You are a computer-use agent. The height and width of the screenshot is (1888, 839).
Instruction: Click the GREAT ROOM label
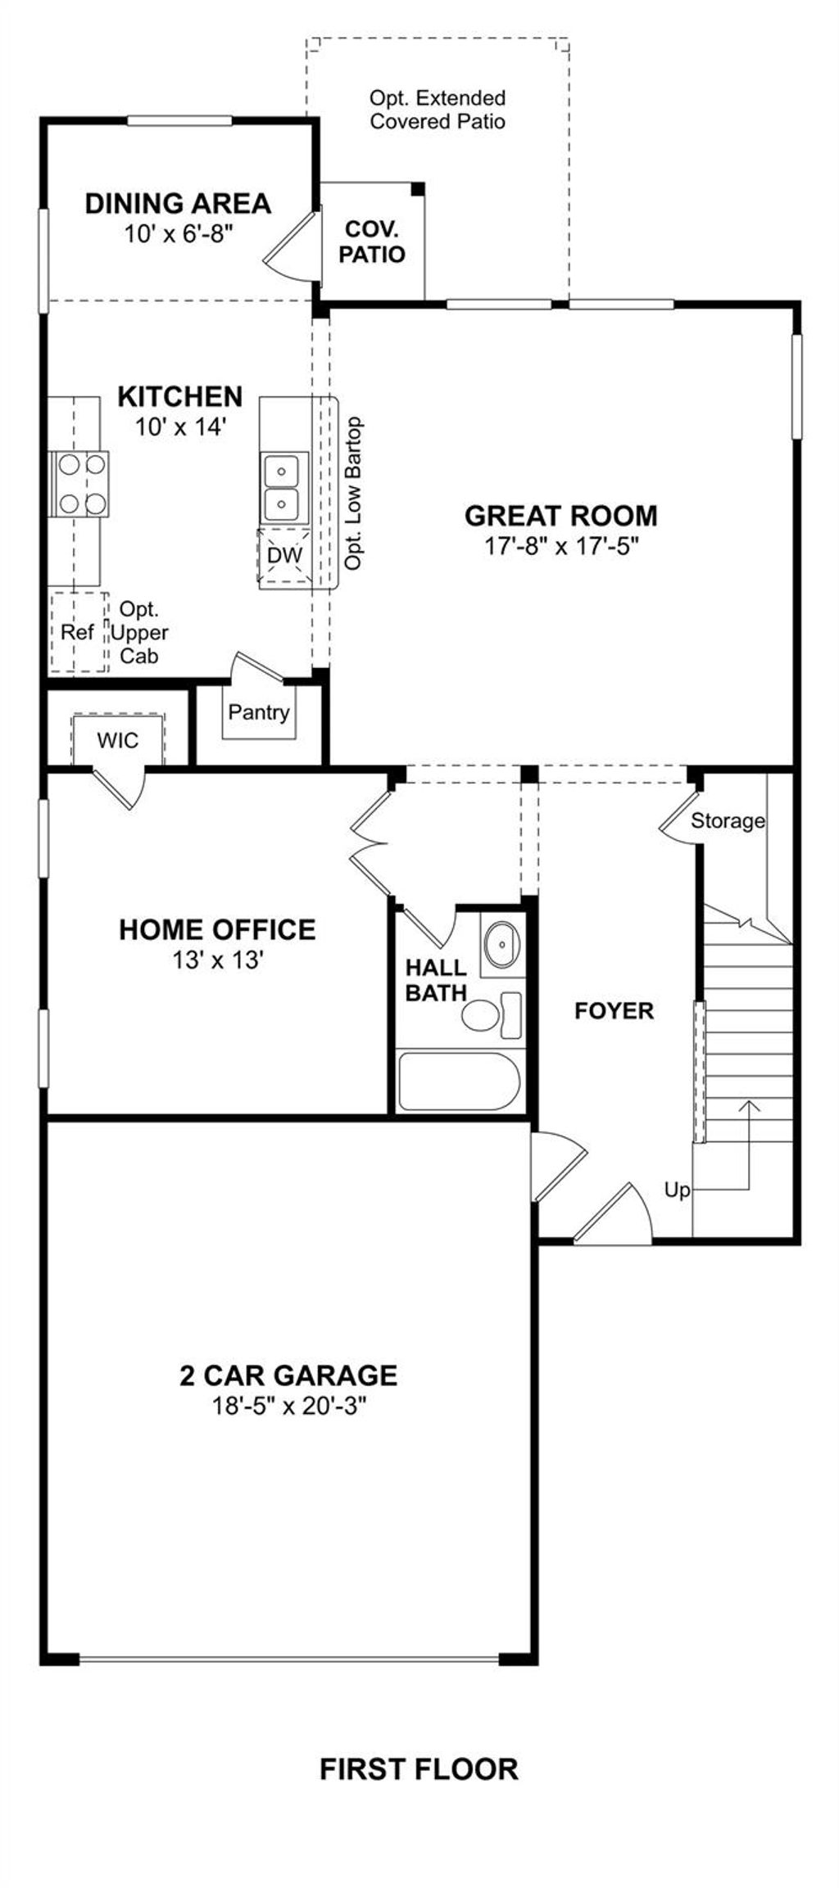coord(560,516)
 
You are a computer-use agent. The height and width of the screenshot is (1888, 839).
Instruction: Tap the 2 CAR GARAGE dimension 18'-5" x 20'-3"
coord(288,1406)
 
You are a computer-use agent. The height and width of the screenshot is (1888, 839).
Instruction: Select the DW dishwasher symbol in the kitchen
coord(284,556)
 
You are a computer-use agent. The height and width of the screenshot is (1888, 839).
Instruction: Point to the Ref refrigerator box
coord(78,632)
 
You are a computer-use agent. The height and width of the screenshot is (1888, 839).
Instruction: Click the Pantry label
coord(259,712)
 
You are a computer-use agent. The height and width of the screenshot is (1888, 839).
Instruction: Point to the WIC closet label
coord(118,741)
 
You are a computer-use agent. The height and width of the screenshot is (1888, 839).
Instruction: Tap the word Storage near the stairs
coord(728,820)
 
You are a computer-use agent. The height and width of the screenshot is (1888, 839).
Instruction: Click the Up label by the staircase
coord(677,1190)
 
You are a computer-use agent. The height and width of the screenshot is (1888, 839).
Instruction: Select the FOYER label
coord(614,1010)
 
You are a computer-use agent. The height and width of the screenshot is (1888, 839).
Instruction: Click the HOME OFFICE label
coord(217,929)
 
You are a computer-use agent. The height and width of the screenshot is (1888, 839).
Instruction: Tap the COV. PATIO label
coord(372,242)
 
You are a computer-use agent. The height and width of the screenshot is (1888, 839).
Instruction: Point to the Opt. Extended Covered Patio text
coord(438,110)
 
